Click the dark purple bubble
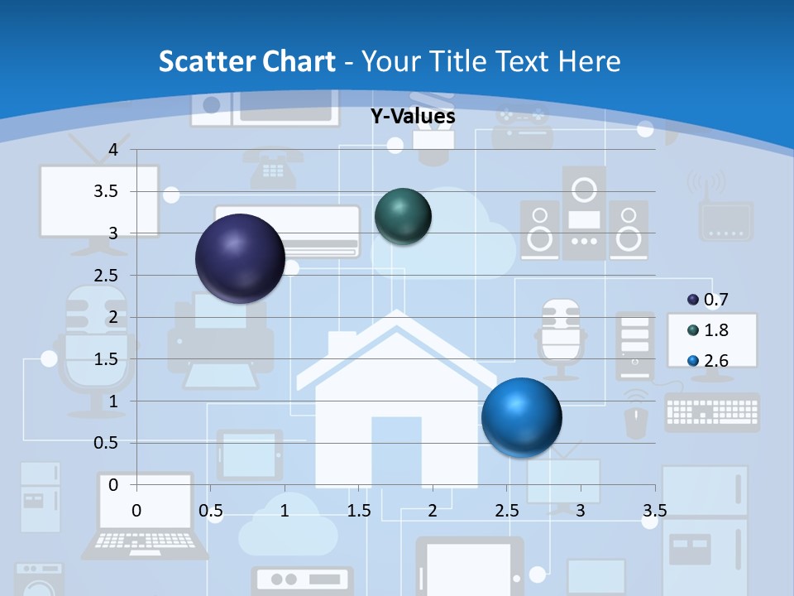point(240,258)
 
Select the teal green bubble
point(403,216)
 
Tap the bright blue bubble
point(521,417)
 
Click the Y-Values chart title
point(412,117)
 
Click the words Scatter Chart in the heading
point(247,60)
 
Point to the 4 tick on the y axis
point(114,150)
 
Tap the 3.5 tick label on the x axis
point(654,510)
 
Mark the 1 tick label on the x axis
point(285,510)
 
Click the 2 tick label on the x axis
point(433,510)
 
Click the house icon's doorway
point(396,452)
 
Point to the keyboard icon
point(711,411)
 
